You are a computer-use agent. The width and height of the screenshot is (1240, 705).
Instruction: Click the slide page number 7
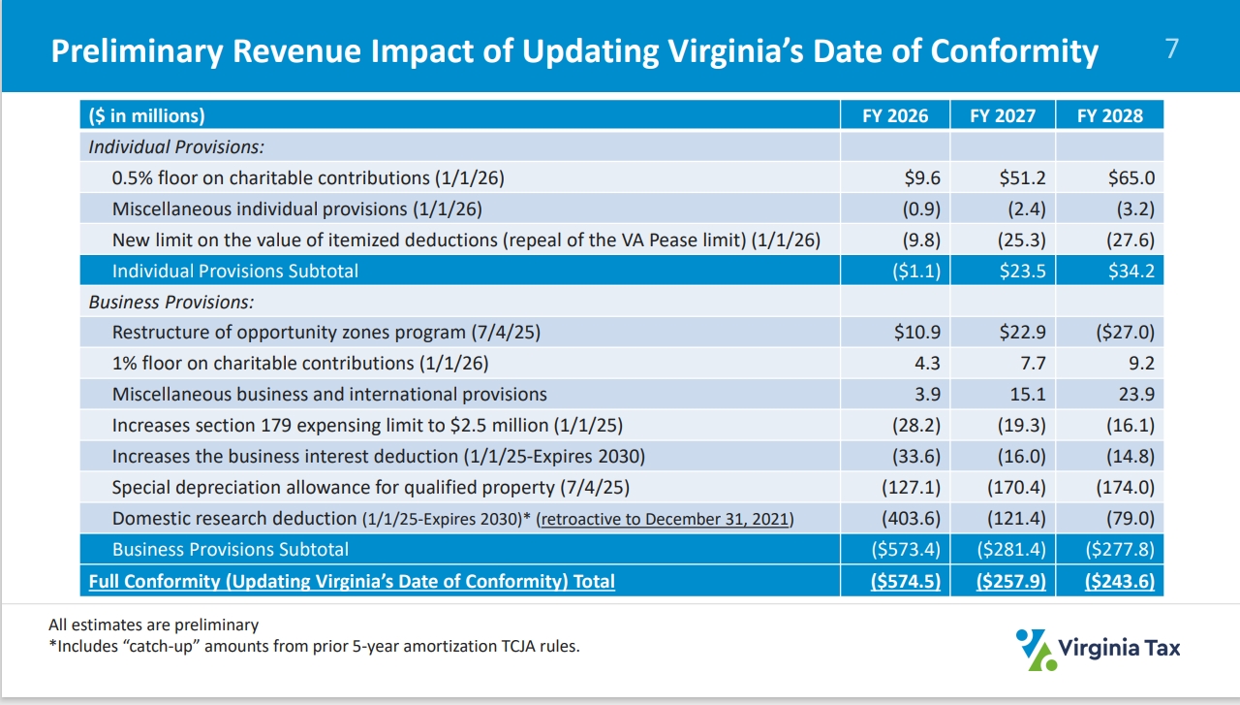tap(1172, 49)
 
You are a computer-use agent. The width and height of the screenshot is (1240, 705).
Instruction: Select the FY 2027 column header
tap(1003, 116)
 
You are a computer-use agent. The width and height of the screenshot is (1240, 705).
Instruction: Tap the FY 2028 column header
tap(1110, 116)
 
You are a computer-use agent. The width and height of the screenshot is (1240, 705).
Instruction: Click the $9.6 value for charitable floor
tap(923, 178)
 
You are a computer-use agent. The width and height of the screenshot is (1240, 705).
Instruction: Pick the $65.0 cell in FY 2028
tap(1131, 178)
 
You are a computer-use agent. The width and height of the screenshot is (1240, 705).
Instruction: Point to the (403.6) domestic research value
tap(911, 518)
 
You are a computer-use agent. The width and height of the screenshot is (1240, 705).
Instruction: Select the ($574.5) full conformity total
tap(906, 582)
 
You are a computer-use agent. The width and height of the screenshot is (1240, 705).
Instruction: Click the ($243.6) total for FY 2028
tap(1121, 582)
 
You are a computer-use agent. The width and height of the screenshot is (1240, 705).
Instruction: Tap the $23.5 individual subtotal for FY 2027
tap(1022, 271)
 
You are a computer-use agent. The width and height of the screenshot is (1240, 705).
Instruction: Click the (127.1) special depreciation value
tap(911, 487)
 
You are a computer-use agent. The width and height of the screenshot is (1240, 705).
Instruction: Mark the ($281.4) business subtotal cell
tap(1013, 550)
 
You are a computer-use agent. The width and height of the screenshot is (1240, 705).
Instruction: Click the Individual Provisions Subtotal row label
tap(234, 271)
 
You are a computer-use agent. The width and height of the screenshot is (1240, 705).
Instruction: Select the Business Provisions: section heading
tap(171, 303)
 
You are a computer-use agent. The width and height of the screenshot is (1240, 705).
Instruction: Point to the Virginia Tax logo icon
tap(1033, 649)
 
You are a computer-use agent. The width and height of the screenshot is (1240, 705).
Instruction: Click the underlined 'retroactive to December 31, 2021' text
tap(666, 519)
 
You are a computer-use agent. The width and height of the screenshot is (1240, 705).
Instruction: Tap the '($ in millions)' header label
tap(147, 116)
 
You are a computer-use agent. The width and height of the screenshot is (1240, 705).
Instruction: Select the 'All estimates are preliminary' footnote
tap(154, 625)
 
